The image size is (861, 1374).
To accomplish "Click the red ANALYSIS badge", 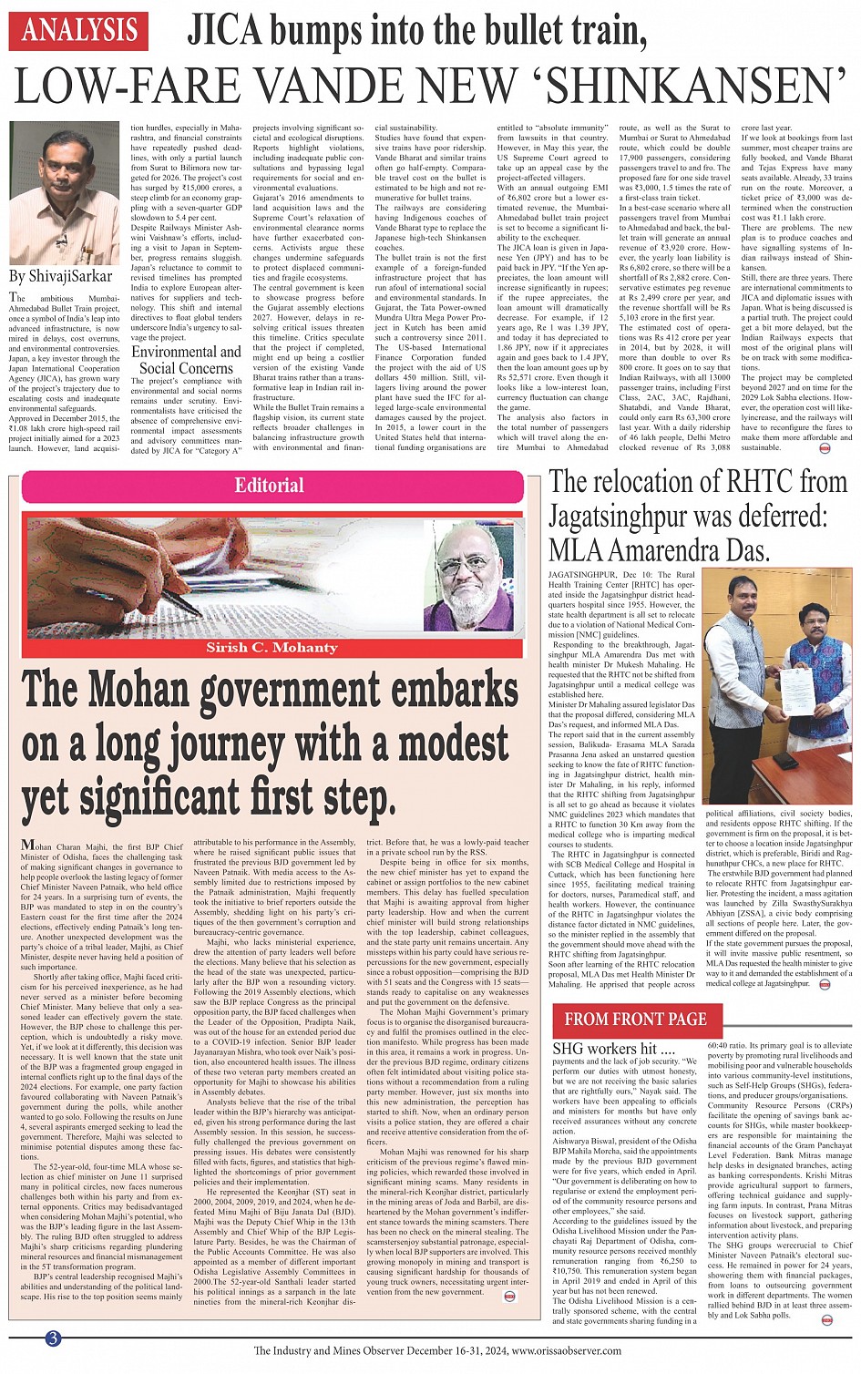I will [78, 32].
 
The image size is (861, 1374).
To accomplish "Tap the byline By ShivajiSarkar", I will [60, 276].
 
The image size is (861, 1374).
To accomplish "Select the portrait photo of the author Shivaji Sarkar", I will [65, 193].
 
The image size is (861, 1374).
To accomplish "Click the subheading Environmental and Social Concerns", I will [187, 360].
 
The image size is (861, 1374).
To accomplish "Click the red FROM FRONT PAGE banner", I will [635, 1020].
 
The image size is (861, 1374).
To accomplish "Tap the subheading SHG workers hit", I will [605, 1049].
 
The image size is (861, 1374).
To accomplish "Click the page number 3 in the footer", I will [54, 1338].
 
